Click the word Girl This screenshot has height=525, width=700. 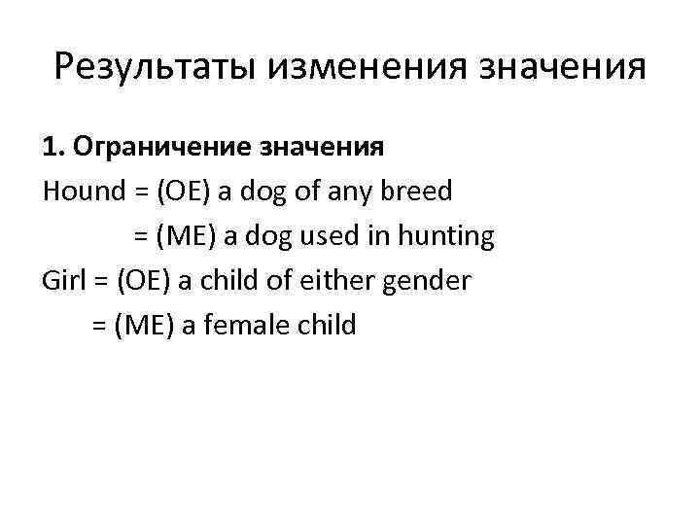click(x=62, y=280)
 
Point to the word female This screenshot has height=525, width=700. click(x=248, y=325)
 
